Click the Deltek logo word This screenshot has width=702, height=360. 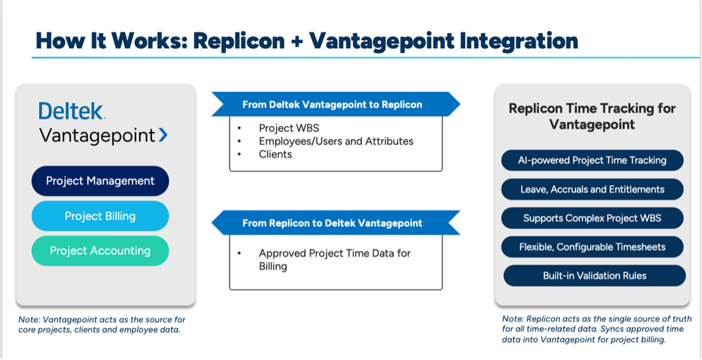[72, 111]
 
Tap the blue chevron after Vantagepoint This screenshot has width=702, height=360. [163, 135]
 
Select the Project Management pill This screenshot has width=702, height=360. [100, 181]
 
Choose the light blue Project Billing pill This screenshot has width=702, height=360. [100, 216]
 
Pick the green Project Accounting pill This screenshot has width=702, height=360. [100, 251]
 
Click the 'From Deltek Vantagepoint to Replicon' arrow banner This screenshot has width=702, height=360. [332, 105]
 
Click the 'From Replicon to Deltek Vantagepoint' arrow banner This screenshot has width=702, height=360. [332, 223]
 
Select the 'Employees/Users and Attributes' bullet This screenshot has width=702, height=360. [336, 141]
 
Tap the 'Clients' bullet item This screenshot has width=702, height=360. [275, 154]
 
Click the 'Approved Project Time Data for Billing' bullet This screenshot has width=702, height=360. [334, 260]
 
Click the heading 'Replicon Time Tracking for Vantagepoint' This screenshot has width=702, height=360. [592, 116]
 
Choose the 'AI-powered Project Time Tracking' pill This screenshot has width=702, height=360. [592, 161]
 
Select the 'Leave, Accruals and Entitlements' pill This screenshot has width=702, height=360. [592, 189]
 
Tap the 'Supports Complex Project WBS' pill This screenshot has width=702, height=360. [592, 218]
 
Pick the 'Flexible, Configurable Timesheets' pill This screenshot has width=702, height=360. [592, 247]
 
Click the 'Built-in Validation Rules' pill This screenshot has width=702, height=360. [594, 275]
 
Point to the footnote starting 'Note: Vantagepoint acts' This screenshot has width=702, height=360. [102, 324]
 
